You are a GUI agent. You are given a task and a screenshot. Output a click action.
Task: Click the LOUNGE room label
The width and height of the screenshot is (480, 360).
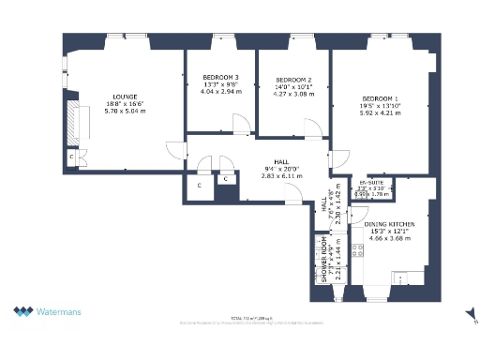click(x=126, y=97)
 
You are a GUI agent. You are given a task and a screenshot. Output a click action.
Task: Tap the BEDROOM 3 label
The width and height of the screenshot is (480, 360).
click(x=220, y=77)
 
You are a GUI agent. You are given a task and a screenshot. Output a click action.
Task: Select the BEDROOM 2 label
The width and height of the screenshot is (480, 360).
click(x=293, y=80)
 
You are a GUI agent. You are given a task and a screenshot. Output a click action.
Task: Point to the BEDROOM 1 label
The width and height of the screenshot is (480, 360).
click(x=381, y=99)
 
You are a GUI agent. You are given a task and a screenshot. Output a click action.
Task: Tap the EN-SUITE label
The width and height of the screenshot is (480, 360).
click(x=372, y=183)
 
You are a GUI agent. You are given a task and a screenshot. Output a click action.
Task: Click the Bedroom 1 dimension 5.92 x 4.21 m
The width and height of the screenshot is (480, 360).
click(x=381, y=114)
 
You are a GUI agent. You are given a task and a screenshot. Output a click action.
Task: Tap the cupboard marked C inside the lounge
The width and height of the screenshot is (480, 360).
click(x=72, y=157)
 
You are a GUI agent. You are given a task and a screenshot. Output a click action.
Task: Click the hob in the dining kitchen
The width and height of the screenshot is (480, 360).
click(x=356, y=249)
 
